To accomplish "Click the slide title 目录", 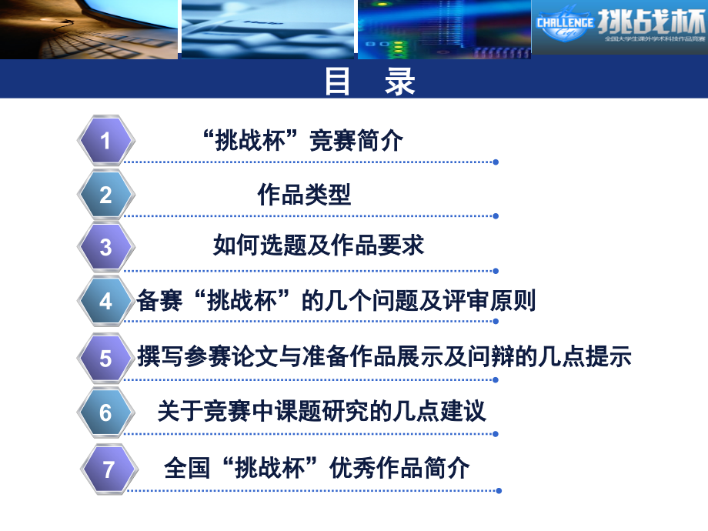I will click(369, 81).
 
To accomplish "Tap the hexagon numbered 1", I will click(106, 141).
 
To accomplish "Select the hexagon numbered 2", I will click(106, 195).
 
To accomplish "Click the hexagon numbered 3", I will click(106, 247).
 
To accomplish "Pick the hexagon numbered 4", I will click(106, 302).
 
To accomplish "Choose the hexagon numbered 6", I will click(106, 413).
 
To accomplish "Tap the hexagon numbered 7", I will click(109, 469).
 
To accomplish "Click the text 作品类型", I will click(304, 195).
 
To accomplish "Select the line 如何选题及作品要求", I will click(319, 246).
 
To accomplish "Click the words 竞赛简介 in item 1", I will click(356, 141).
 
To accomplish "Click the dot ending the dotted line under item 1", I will click(496, 162).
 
